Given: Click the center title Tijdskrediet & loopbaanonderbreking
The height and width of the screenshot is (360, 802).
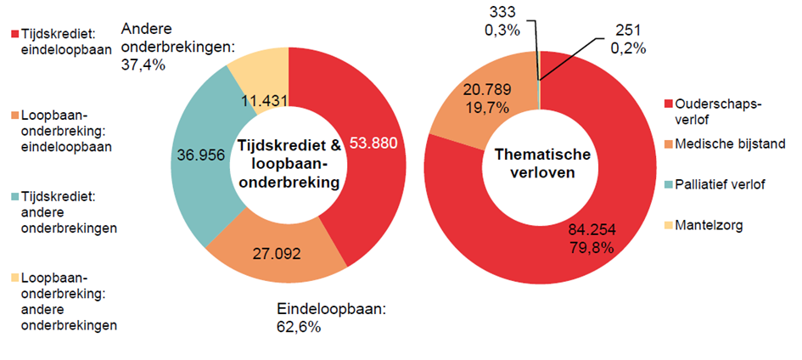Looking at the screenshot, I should (x=289, y=164).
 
